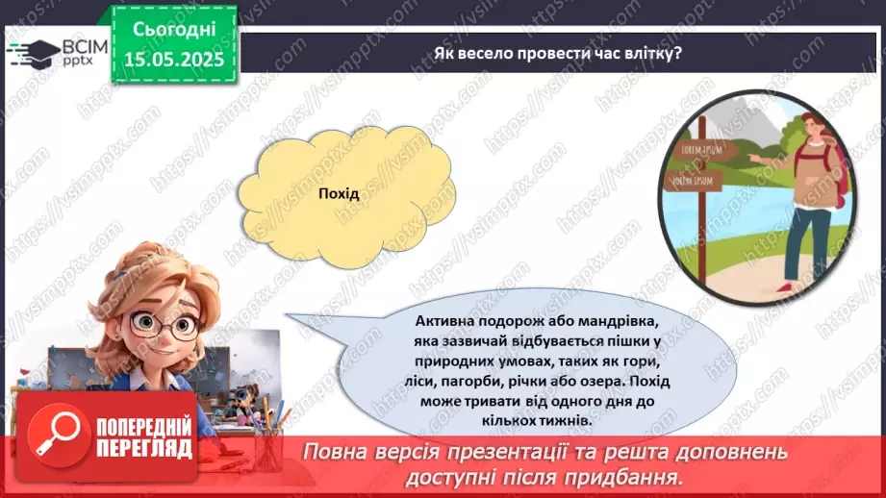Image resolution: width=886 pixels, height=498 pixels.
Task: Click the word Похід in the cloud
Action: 338,194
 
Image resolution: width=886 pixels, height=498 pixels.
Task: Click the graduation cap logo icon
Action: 32,50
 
